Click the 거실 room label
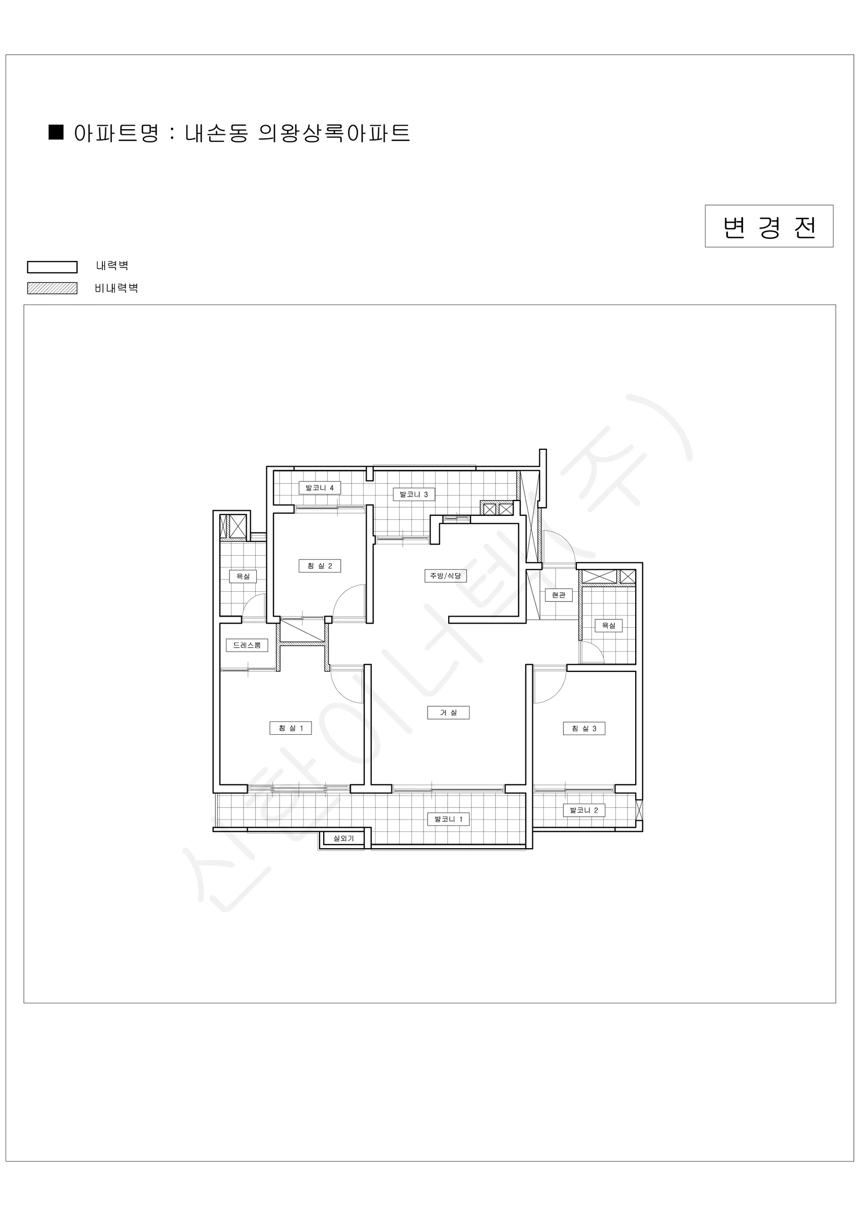pyautogui.click(x=448, y=713)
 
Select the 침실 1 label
pyautogui.click(x=291, y=728)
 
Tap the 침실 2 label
pyautogui.click(x=319, y=566)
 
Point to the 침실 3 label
pyautogui.click(x=583, y=729)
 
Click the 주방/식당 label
pyautogui.click(x=445, y=576)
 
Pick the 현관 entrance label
pyautogui.click(x=559, y=595)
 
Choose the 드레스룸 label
pyautogui.click(x=247, y=645)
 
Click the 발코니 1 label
pyautogui.click(x=448, y=819)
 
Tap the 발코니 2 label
pyautogui.click(x=583, y=810)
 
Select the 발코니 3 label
pyautogui.click(x=414, y=495)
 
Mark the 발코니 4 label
pyautogui.click(x=319, y=488)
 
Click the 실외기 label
pyautogui.click(x=343, y=839)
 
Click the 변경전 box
pyautogui.click(x=769, y=226)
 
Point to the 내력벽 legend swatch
pyautogui.click(x=52, y=267)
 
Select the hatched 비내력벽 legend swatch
pyautogui.click(x=52, y=288)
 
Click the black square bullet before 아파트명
pyautogui.click(x=56, y=132)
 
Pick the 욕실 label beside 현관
pyautogui.click(x=608, y=625)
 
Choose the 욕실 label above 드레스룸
pyautogui.click(x=243, y=576)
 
